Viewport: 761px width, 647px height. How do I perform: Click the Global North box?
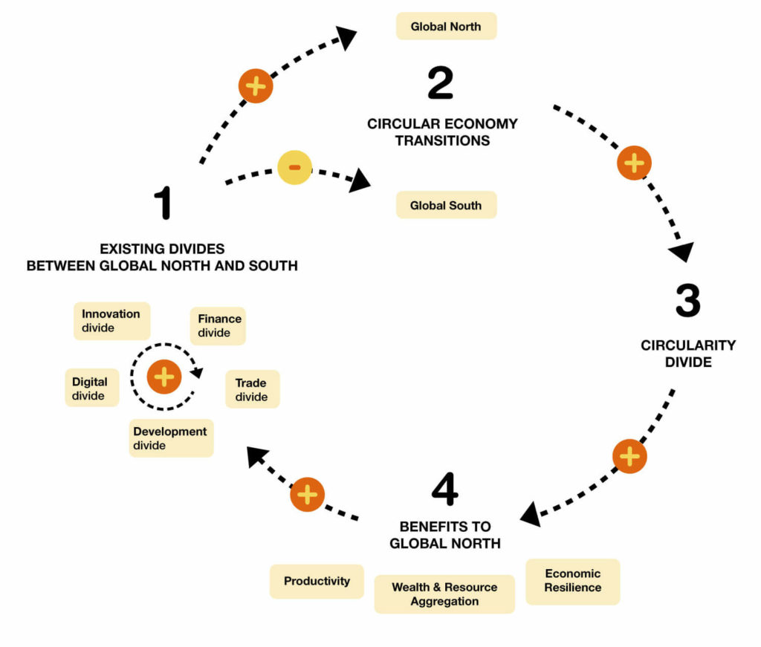[446, 26]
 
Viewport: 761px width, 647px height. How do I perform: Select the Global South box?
[446, 205]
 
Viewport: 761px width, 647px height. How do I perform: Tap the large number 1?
[163, 203]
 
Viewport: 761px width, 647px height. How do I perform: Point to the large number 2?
[440, 83]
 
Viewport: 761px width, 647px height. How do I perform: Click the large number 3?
[687, 301]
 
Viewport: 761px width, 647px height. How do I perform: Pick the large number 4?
[444, 489]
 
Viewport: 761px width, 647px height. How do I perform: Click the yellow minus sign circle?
[294, 167]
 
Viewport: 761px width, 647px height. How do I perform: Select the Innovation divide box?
[111, 321]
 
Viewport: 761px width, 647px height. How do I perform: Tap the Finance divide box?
[218, 325]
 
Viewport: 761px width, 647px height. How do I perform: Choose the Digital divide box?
[90, 388]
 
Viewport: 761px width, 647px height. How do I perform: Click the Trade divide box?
[252, 389]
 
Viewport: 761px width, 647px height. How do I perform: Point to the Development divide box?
[171, 438]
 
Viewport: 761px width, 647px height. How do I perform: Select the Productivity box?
[317, 581]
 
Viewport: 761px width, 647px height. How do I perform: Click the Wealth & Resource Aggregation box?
[444, 594]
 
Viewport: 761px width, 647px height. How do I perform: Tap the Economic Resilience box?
[572, 581]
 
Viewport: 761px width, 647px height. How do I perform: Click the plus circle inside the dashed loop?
[164, 377]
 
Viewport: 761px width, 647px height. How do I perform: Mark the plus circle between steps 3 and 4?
[629, 456]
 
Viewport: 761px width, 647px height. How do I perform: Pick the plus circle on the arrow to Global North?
[256, 86]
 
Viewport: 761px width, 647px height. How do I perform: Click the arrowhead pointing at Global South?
[360, 181]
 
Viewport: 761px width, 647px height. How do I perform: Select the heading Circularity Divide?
[687, 354]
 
